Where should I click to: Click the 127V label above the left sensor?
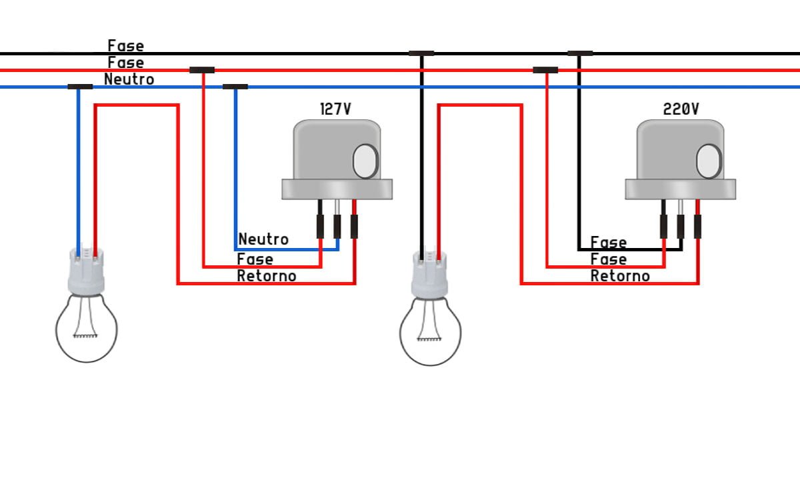coord(335,109)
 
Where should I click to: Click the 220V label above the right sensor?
coord(681,109)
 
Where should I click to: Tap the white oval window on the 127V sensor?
coord(365,161)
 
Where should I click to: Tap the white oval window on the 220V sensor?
coord(709,161)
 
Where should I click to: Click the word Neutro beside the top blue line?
coord(129,79)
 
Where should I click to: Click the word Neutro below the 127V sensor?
coord(263,239)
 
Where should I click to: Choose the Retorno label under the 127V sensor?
coord(267,275)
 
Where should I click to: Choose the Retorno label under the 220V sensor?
coord(620,275)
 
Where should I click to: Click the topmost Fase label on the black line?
coord(125,46)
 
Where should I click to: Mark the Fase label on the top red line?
coord(125,63)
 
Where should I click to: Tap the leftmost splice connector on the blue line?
coord(80,87)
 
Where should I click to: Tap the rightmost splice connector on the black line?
coord(579,53)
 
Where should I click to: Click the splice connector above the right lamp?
coord(421,53)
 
